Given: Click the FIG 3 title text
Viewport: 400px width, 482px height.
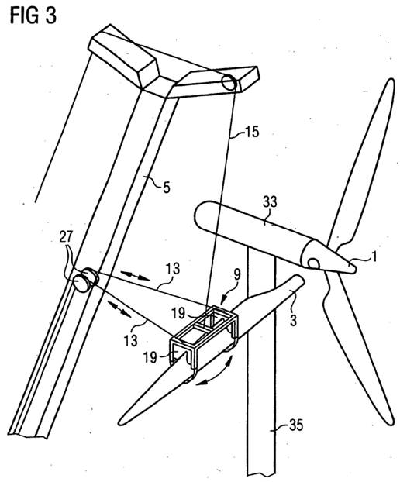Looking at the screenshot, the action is (33, 15).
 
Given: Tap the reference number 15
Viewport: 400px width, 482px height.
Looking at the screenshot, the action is (251, 132).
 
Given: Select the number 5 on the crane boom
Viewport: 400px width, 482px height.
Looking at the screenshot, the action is (167, 187).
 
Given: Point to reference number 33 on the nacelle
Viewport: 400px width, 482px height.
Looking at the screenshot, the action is (270, 202).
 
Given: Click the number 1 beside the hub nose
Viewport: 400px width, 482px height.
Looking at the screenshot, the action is (374, 256).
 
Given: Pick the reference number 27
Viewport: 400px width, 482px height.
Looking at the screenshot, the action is (65, 237).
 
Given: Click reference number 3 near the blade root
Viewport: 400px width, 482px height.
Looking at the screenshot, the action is (293, 320).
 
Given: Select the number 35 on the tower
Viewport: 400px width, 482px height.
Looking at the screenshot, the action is (296, 425).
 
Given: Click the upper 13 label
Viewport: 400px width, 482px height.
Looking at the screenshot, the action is (173, 268).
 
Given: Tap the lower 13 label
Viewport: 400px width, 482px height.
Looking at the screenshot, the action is (130, 340).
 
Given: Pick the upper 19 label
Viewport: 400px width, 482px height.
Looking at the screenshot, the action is (178, 313).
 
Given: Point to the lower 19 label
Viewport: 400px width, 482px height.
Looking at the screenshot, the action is (150, 357).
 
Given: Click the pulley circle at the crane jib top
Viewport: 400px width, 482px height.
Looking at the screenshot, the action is (229, 82).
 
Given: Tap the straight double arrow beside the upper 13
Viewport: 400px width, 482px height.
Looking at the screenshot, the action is (135, 275).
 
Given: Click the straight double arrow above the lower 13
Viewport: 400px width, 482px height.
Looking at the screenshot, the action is (119, 308).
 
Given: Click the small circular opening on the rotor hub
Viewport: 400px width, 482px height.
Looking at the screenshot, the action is (314, 263).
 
